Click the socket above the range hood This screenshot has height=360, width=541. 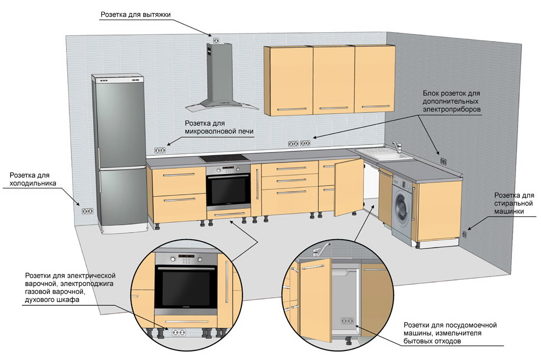215,40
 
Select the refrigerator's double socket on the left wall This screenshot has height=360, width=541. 87,211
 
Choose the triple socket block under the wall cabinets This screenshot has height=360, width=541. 299,143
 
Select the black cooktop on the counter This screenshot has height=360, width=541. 224,158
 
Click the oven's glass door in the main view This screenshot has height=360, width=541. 228,191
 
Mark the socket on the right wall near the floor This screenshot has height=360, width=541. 464,234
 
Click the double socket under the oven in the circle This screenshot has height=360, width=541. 177,332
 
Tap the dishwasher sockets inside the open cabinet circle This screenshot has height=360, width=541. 347,321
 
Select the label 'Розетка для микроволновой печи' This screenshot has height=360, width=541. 219,127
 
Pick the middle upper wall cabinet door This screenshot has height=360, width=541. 333,80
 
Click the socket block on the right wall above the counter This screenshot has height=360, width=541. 443,161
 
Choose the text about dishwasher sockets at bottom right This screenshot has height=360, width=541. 450,333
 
